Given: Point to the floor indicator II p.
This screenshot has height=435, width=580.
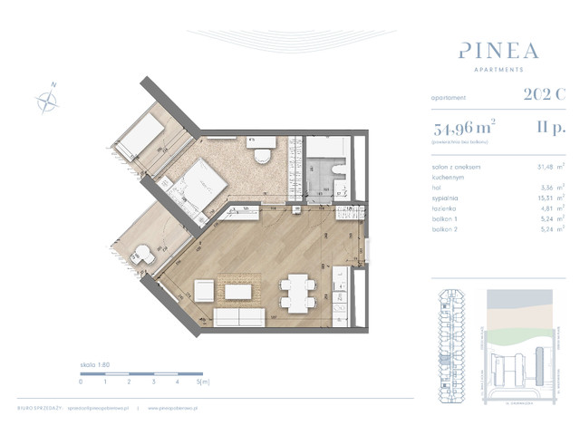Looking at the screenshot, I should point(550,129).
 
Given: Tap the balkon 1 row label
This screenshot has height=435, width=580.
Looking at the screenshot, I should point(447,218).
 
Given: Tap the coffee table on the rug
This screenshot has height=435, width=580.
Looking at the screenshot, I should point(240,292).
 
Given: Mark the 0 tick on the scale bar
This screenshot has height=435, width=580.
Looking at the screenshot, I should point(81,382).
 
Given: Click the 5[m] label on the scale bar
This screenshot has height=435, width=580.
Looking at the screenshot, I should point(204,382).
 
